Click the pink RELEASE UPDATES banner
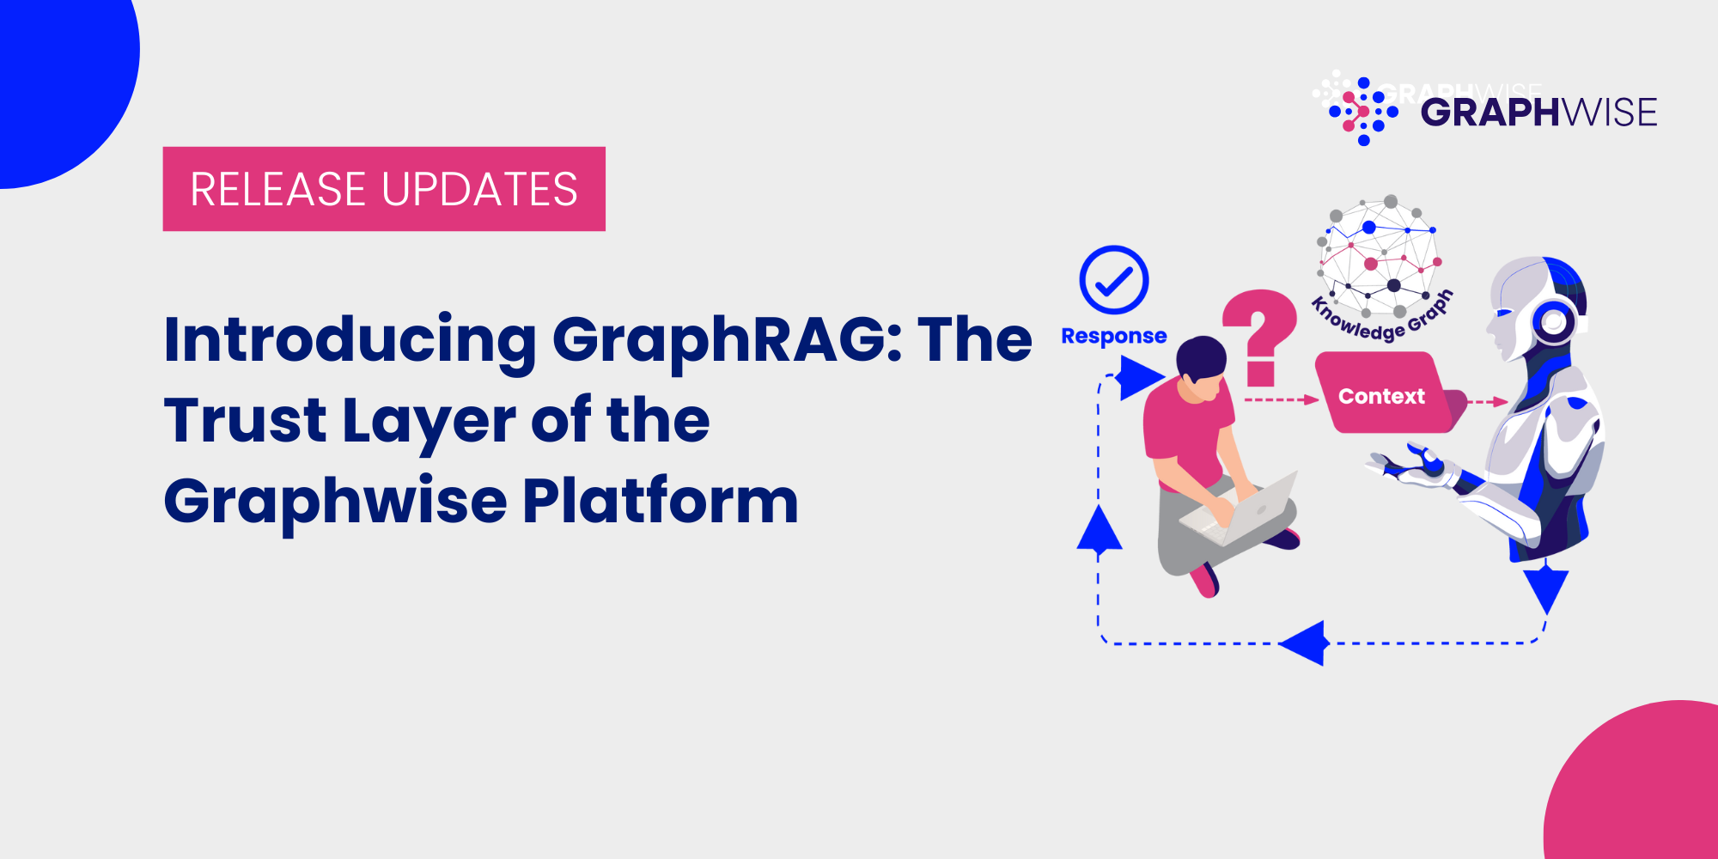[x=384, y=189]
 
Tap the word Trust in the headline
[x=245, y=421]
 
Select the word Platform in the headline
[x=661, y=502]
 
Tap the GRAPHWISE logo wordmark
[x=1538, y=113]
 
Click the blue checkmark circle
[x=1114, y=280]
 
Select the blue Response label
[x=1114, y=336]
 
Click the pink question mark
[x=1259, y=335]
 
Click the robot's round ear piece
[x=1554, y=323]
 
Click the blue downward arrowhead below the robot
[x=1545, y=589]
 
